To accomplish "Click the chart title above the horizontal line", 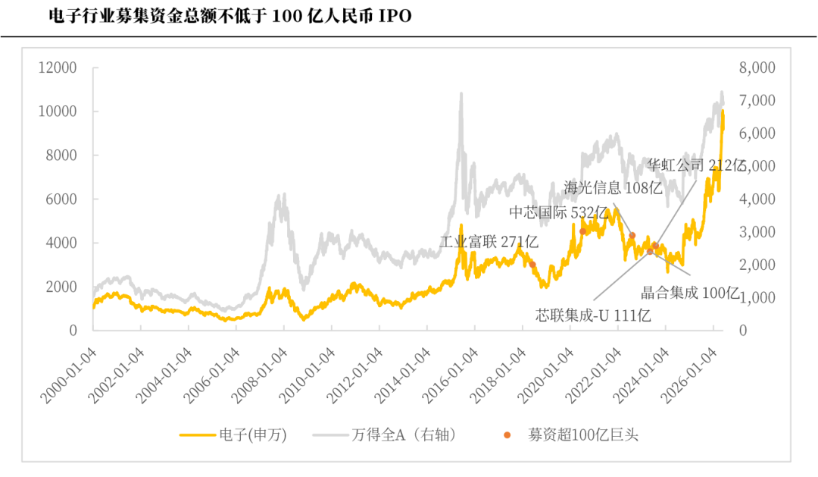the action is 230,16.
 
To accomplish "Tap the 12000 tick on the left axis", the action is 58,67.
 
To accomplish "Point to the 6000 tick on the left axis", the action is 61,199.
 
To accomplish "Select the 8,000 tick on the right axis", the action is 757,67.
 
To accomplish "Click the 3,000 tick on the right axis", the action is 757,232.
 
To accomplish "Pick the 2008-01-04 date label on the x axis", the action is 259,376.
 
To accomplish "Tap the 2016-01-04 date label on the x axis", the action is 450,376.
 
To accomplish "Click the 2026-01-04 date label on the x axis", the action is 689,376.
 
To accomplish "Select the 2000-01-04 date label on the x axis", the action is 68,376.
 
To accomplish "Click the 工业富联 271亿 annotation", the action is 489,242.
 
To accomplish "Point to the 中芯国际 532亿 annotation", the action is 559,212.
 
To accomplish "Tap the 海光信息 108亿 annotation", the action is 613,187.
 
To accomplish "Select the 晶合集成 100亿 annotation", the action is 690,293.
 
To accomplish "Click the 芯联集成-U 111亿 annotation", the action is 593,315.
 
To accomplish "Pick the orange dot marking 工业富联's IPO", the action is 532,265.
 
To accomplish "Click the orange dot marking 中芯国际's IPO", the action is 582,231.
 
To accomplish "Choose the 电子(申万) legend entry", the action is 233,435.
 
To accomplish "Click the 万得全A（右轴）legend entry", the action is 385,435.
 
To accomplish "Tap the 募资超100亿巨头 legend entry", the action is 571,435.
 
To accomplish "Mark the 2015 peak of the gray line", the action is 461,93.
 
